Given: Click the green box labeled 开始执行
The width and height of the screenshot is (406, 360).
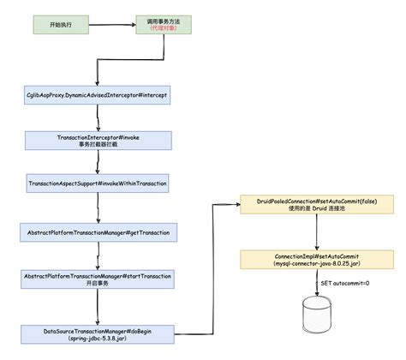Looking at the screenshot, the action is click(61, 25).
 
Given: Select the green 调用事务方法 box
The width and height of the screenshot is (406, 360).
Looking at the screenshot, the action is click(164, 25).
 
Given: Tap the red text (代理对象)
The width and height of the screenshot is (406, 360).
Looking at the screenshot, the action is click(164, 28).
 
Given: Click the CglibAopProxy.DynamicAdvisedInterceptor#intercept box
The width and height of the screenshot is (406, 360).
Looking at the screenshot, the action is click(98, 95).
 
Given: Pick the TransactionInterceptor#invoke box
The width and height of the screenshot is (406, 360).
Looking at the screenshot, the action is click(99, 141).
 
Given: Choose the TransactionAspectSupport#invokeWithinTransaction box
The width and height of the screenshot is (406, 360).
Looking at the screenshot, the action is click(98, 183).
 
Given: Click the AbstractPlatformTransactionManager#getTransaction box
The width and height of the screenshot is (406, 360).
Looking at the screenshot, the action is click(99, 232).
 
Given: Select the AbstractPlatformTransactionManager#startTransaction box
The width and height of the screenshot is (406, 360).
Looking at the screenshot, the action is click(98, 279).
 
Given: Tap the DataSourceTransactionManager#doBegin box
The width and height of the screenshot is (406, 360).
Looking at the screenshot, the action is click(98, 334).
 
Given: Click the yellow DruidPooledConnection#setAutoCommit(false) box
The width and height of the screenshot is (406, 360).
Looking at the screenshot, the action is click(317, 205).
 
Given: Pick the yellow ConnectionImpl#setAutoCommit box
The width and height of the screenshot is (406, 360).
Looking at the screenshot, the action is click(317, 260).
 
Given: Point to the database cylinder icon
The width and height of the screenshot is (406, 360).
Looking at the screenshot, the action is click(317, 315).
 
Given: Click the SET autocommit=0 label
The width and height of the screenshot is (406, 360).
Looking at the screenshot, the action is click(345, 283).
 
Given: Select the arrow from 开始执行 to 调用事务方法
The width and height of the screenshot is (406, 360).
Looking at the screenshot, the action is click(112, 25).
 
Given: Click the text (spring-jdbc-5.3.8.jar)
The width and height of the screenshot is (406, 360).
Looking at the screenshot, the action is click(98, 339).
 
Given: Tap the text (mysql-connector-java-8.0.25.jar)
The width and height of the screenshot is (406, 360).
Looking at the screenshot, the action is click(317, 263).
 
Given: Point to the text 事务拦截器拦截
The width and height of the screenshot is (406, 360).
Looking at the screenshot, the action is click(99, 144).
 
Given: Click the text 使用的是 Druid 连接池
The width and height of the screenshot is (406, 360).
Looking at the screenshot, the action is click(317, 208).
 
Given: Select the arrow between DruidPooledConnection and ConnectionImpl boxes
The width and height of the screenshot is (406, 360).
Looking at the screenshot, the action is click(317, 232).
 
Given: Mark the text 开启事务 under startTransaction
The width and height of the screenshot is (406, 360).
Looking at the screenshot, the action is click(98, 283).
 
